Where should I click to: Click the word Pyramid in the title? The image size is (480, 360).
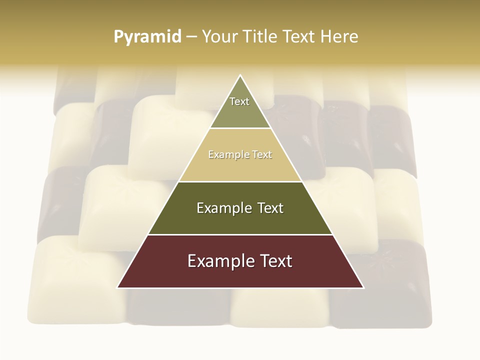click(147, 37)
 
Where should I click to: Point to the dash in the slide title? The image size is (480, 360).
click(191, 37)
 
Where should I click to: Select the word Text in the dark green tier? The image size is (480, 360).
click(270, 208)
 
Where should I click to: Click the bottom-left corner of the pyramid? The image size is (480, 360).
click(117, 287)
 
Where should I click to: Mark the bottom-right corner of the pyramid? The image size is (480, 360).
click(363, 287)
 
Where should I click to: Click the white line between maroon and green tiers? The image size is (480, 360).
click(240, 234)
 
